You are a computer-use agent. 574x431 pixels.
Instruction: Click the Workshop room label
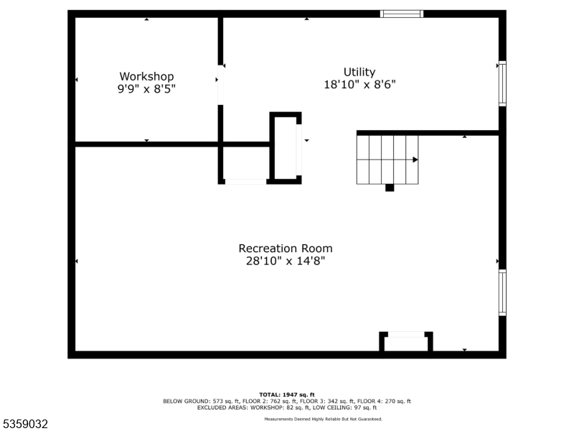[146, 76]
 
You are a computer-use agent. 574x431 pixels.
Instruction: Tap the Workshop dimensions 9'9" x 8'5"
[146, 89]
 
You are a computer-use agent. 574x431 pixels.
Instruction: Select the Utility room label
[359, 72]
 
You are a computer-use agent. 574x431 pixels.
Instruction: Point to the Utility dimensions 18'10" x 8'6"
[359, 84]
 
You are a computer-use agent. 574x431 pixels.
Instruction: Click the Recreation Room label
[286, 249]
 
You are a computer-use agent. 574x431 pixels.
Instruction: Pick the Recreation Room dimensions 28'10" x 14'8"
[286, 261]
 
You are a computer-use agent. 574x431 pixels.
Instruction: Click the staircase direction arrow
[415, 159]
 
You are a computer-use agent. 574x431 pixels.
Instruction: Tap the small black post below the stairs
[390, 188]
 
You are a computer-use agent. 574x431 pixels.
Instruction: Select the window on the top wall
[401, 14]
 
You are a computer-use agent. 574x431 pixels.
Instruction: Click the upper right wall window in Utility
[502, 83]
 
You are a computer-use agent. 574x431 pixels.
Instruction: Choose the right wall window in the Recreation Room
[502, 292]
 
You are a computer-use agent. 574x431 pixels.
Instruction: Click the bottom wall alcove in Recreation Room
[406, 342]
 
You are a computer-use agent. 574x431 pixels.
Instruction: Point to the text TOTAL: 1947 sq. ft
[287, 395]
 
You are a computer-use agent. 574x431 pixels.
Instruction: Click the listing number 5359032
[24, 425]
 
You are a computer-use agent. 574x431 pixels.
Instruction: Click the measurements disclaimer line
[323, 419]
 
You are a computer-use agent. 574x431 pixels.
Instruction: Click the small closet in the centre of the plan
[285, 147]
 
